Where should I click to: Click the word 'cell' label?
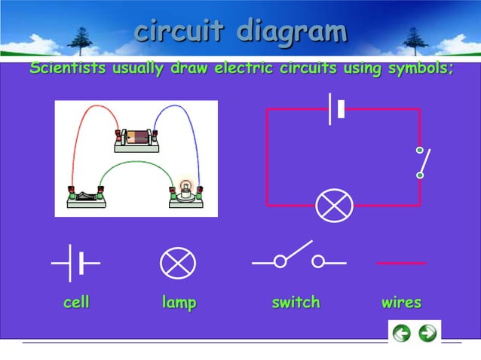click(x=76, y=303)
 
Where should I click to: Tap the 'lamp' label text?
click(x=179, y=303)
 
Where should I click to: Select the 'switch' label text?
click(x=296, y=303)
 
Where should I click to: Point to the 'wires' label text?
click(x=401, y=303)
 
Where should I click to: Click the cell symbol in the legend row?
click(x=75, y=263)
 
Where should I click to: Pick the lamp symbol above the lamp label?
click(x=178, y=264)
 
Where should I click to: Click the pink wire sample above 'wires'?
click(x=401, y=264)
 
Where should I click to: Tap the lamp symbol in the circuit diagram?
click(x=334, y=205)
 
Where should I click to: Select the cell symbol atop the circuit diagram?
click(x=336, y=109)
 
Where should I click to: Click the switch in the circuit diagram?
click(x=421, y=162)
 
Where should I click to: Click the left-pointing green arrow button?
click(x=402, y=333)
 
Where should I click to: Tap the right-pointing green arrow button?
click(x=427, y=333)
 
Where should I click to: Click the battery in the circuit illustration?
click(x=137, y=137)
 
